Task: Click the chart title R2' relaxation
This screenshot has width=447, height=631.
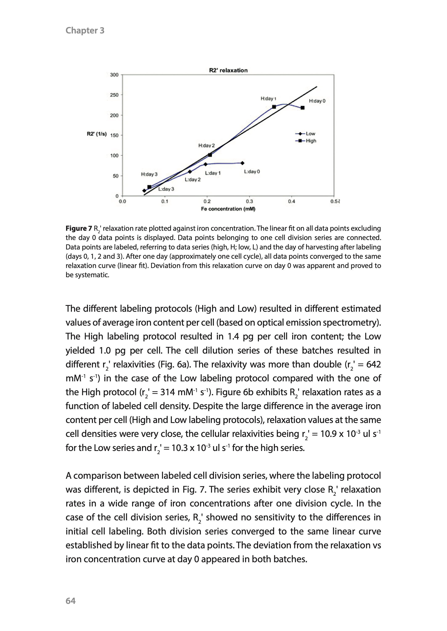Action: click(228, 70)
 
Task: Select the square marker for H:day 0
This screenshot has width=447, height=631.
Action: click(302, 108)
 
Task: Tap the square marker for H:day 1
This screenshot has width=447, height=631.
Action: click(274, 107)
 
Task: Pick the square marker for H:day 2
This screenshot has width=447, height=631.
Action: click(210, 155)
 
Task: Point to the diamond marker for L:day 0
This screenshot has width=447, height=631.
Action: click(242, 163)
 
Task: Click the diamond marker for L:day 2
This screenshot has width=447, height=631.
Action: click(190, 172)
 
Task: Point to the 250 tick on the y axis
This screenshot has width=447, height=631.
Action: click(114, 95)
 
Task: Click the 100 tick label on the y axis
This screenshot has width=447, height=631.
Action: click(114, 155)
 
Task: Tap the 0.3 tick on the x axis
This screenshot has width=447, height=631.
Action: click(249, 201)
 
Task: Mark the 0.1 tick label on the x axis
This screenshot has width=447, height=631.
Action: click(164, 201)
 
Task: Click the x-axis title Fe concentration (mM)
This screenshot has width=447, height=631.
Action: click(228, 209)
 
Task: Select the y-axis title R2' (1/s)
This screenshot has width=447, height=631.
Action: click(97, 134)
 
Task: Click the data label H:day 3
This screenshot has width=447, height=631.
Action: click(149, 174)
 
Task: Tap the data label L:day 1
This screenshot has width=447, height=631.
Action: click(212, 173)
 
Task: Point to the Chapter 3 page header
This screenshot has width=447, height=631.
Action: click(85, 30)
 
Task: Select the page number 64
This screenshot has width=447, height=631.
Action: click(70, 601)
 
